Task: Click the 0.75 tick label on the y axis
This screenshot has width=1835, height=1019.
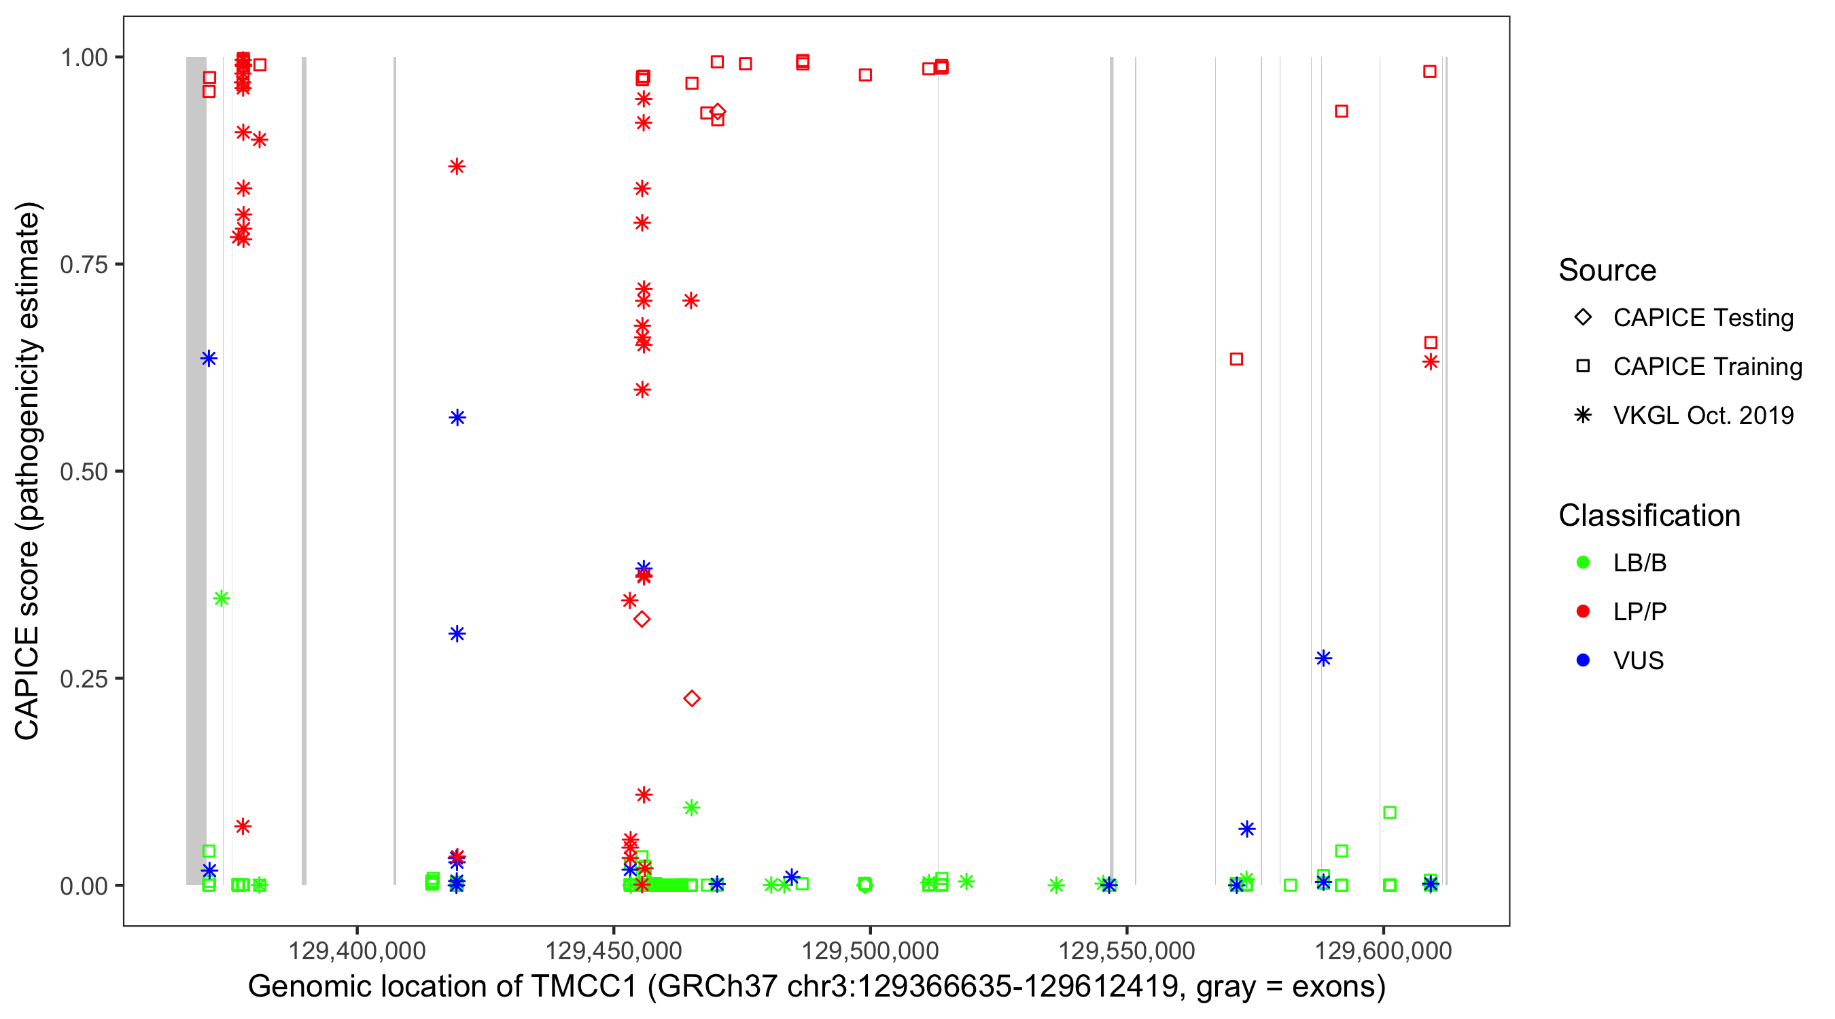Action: point(83,265)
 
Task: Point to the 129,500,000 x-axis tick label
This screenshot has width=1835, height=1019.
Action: point(870,950)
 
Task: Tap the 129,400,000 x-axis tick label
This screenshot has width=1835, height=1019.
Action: point(357,950)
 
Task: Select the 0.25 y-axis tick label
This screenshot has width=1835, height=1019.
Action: point(83,679)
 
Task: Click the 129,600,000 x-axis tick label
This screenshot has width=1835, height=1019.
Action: point(1382,950)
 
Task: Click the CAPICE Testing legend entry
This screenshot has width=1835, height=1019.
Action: point(1702,318)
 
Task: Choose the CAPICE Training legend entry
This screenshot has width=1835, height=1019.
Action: point(1707,367)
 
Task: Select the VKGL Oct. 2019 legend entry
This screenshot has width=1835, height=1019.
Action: point(1702,416)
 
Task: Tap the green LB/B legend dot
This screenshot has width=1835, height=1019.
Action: point(1583,562)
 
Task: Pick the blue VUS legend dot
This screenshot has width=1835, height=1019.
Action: point(1583,660)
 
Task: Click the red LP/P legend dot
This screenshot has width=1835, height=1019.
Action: point(1583,611)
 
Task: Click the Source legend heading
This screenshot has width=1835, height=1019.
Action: point(1607,270)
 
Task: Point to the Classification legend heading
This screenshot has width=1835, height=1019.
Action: point(1649,516)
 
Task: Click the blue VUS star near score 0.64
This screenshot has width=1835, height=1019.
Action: point(209,358)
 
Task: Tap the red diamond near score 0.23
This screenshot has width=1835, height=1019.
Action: point(692,698)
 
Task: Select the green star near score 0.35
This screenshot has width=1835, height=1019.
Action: point(222,598)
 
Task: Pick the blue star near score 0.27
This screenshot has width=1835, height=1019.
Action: point(1323,659)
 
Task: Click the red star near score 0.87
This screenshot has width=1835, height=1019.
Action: point(457,166)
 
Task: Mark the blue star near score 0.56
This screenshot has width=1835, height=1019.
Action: point(457,417)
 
